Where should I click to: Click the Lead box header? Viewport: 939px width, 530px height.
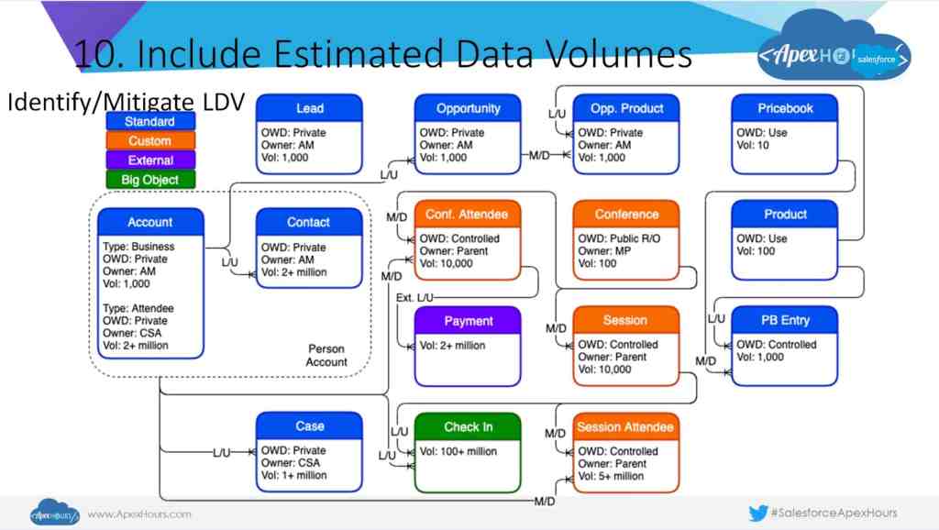[x=309, y=108]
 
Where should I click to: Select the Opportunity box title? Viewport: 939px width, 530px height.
[x=468, y=108]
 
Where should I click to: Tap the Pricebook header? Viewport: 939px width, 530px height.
[x=785, y=108]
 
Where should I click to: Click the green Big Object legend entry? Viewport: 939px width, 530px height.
[x=150, y=180]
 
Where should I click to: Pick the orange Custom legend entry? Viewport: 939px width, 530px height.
[x=150, y=140]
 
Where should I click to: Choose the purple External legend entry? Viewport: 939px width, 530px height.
[x=150, y=160]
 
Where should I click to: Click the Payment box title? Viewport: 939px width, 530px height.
[x=468, y=320]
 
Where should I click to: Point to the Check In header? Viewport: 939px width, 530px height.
[x=468, y=426]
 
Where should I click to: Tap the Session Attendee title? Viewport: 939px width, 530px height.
[x=625, y=426]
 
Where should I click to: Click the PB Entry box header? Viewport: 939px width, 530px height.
[x=785, y=320]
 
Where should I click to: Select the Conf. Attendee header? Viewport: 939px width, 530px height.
[x=468, y=215]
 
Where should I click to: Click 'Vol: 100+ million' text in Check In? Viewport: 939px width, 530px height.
[x=458, y=451]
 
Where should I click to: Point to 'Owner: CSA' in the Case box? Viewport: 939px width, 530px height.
[x=291, y=463]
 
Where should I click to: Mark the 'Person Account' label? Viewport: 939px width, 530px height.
[x=326, y=355]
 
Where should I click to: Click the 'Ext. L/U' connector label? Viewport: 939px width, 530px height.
[x=414, y=298]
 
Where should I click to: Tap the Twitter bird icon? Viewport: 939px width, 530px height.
[x=757, y=513]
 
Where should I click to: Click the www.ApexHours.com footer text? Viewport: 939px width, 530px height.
[x=139, y=513]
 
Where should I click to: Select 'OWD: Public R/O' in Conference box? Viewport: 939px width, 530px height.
[x=619, y=238]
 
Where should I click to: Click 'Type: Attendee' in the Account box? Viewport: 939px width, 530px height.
[x=138, y=308]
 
